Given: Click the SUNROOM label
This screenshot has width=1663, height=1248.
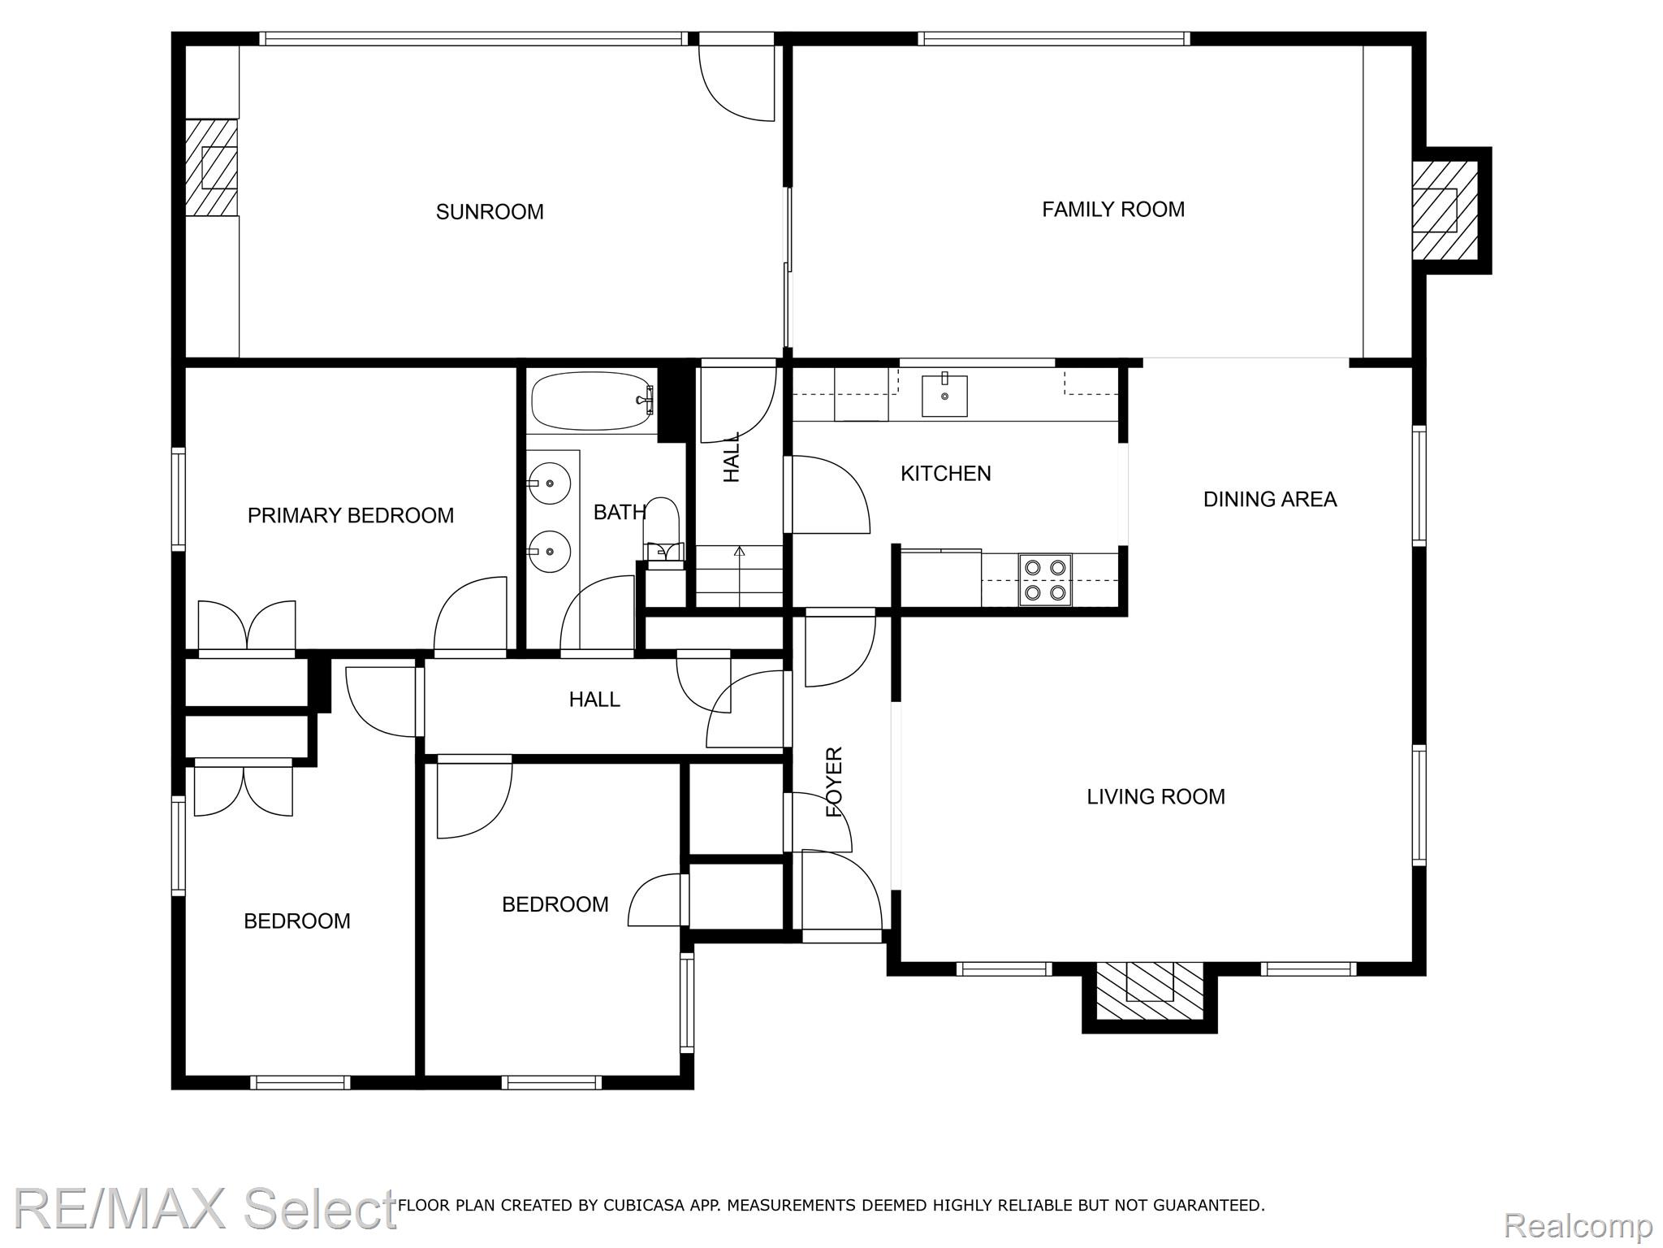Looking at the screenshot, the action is click(490, 212).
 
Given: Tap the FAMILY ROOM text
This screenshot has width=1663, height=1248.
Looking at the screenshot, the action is click(1113, 210).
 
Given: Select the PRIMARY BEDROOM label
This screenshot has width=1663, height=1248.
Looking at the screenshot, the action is click(351, 515).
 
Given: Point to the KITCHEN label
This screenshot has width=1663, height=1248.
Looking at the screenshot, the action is click(946, 473).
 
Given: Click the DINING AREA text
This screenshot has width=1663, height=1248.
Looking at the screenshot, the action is click(1270, 499).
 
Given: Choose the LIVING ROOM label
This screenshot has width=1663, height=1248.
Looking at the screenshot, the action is click(1155, 796).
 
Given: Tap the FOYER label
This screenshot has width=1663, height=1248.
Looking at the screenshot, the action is click(835, 782).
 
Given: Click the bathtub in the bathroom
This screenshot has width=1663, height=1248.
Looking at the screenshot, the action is click(593, 401).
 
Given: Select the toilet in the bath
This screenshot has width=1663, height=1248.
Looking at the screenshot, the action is click(663, 529).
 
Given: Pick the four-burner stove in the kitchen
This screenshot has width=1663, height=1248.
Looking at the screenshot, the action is click(1045, 580).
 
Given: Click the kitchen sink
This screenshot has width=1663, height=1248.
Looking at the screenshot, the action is click(944, 395).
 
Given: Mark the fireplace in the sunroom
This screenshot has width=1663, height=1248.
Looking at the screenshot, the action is click(212, 167).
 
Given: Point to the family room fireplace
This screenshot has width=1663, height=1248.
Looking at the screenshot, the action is click(1445, 210).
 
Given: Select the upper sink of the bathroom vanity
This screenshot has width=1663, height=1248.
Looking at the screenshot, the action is click(550, 483).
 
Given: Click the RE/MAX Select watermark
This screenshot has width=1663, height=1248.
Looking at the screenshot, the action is click(205, 1208).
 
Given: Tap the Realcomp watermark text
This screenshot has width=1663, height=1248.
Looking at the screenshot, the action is click(1579, 1224).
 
